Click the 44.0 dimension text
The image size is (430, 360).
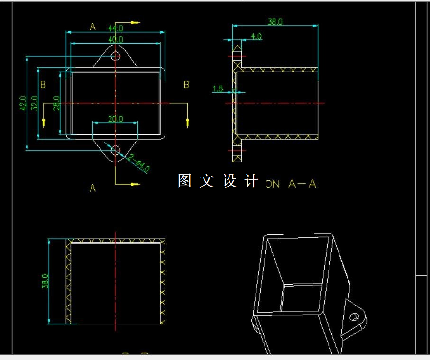click(115, 28)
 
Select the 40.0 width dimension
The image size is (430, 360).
click(115, 39)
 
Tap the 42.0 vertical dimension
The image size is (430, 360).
click(23, 103)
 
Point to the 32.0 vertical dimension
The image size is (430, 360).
click(34, 103)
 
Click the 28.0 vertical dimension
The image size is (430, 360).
click(56, 103)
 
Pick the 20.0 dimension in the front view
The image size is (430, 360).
click(115, 119)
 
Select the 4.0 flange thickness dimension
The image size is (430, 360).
click(256, 36)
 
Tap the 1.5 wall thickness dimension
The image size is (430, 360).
click(218, 89)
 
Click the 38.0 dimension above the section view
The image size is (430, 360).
click(275, 22)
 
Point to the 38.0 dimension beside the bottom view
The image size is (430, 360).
click(45, 281)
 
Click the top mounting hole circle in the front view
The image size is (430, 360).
click(115, 56)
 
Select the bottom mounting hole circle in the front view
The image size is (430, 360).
click(115, 151)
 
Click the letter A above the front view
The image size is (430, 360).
click(93, 27)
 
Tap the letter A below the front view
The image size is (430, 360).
click(93, 188)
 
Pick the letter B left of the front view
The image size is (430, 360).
click(43, 85)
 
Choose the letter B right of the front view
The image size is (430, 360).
click(186, 85)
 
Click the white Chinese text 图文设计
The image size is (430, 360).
click(219, 181)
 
